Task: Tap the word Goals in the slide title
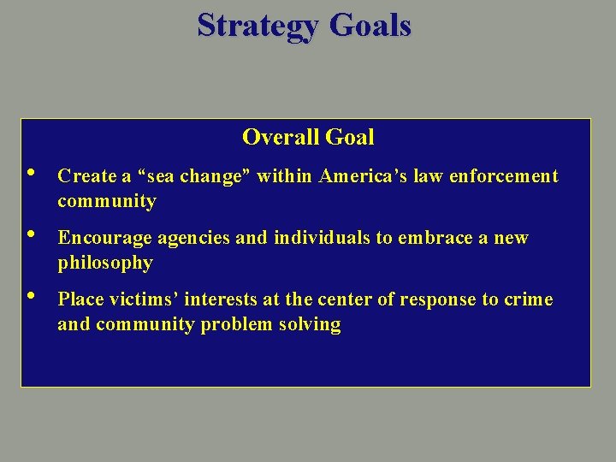(x=370, y=26)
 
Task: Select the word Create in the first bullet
(x=86, y=176)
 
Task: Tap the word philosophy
(x=105, y=263)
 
